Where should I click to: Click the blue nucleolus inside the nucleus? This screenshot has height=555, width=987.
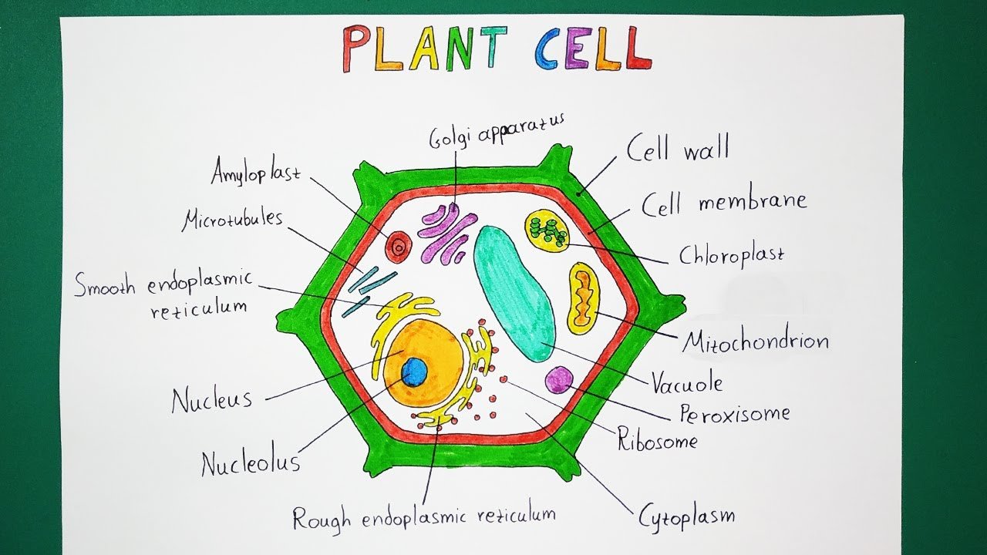click(x=414, y=372)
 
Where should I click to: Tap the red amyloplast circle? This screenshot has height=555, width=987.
click(x=398, y=247)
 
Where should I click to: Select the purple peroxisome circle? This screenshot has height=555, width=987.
click(x=558, y=379)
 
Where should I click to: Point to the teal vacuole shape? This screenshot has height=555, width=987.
click(x=512, y=293)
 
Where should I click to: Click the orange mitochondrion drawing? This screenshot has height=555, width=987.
click(x=584, y=298)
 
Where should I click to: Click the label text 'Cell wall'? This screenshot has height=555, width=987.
click(x=677, y=149)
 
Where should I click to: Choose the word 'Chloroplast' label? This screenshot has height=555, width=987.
click(x=731, y=254)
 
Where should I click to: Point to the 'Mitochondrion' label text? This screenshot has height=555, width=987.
click(x=755, y=340)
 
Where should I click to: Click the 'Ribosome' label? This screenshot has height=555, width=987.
click(x=657, y=441)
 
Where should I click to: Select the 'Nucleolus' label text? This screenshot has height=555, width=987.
click(x=251, y=463)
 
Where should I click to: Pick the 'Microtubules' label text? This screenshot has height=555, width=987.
click(x=232, y=220)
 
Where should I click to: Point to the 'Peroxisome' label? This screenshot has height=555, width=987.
click(x=734, y=414)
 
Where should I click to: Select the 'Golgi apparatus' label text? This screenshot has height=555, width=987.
click(x=497, y=131)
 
